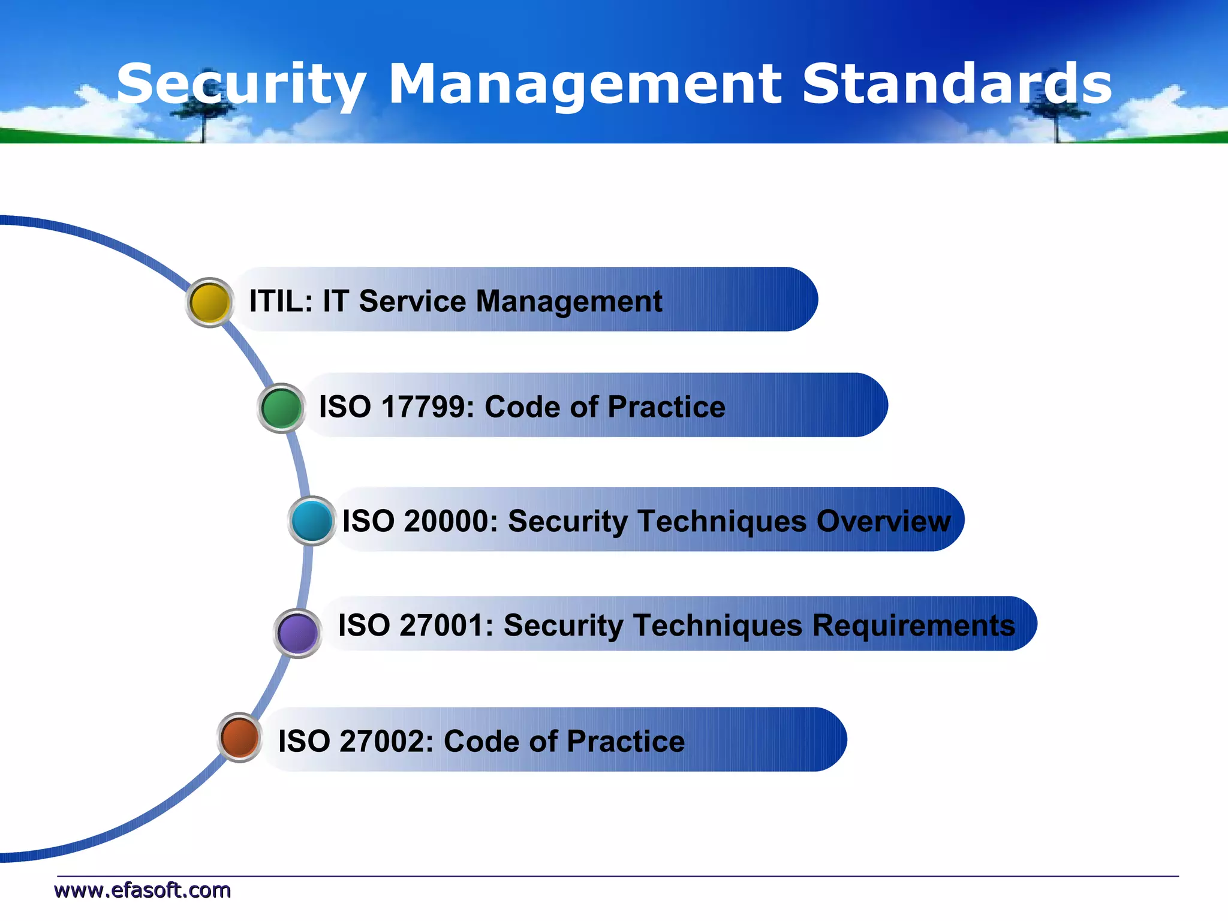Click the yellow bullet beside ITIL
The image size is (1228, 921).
[209, 302]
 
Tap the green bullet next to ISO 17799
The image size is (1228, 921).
[281, 408]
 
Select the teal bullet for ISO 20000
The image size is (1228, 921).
[312, 520]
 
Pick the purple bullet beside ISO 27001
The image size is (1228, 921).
[298, 633]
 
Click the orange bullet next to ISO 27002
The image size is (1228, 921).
[239, 738]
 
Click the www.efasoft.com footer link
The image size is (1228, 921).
[143, 890]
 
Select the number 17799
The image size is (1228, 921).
[423, 407]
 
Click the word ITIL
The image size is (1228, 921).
[277, 301]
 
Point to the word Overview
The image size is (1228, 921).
[883, 520]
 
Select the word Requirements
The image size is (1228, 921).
[913, 625]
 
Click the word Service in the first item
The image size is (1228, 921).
[412, 301]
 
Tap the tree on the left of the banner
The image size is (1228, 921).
[204, 118]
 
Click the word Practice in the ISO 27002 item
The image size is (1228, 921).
[625, 741]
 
